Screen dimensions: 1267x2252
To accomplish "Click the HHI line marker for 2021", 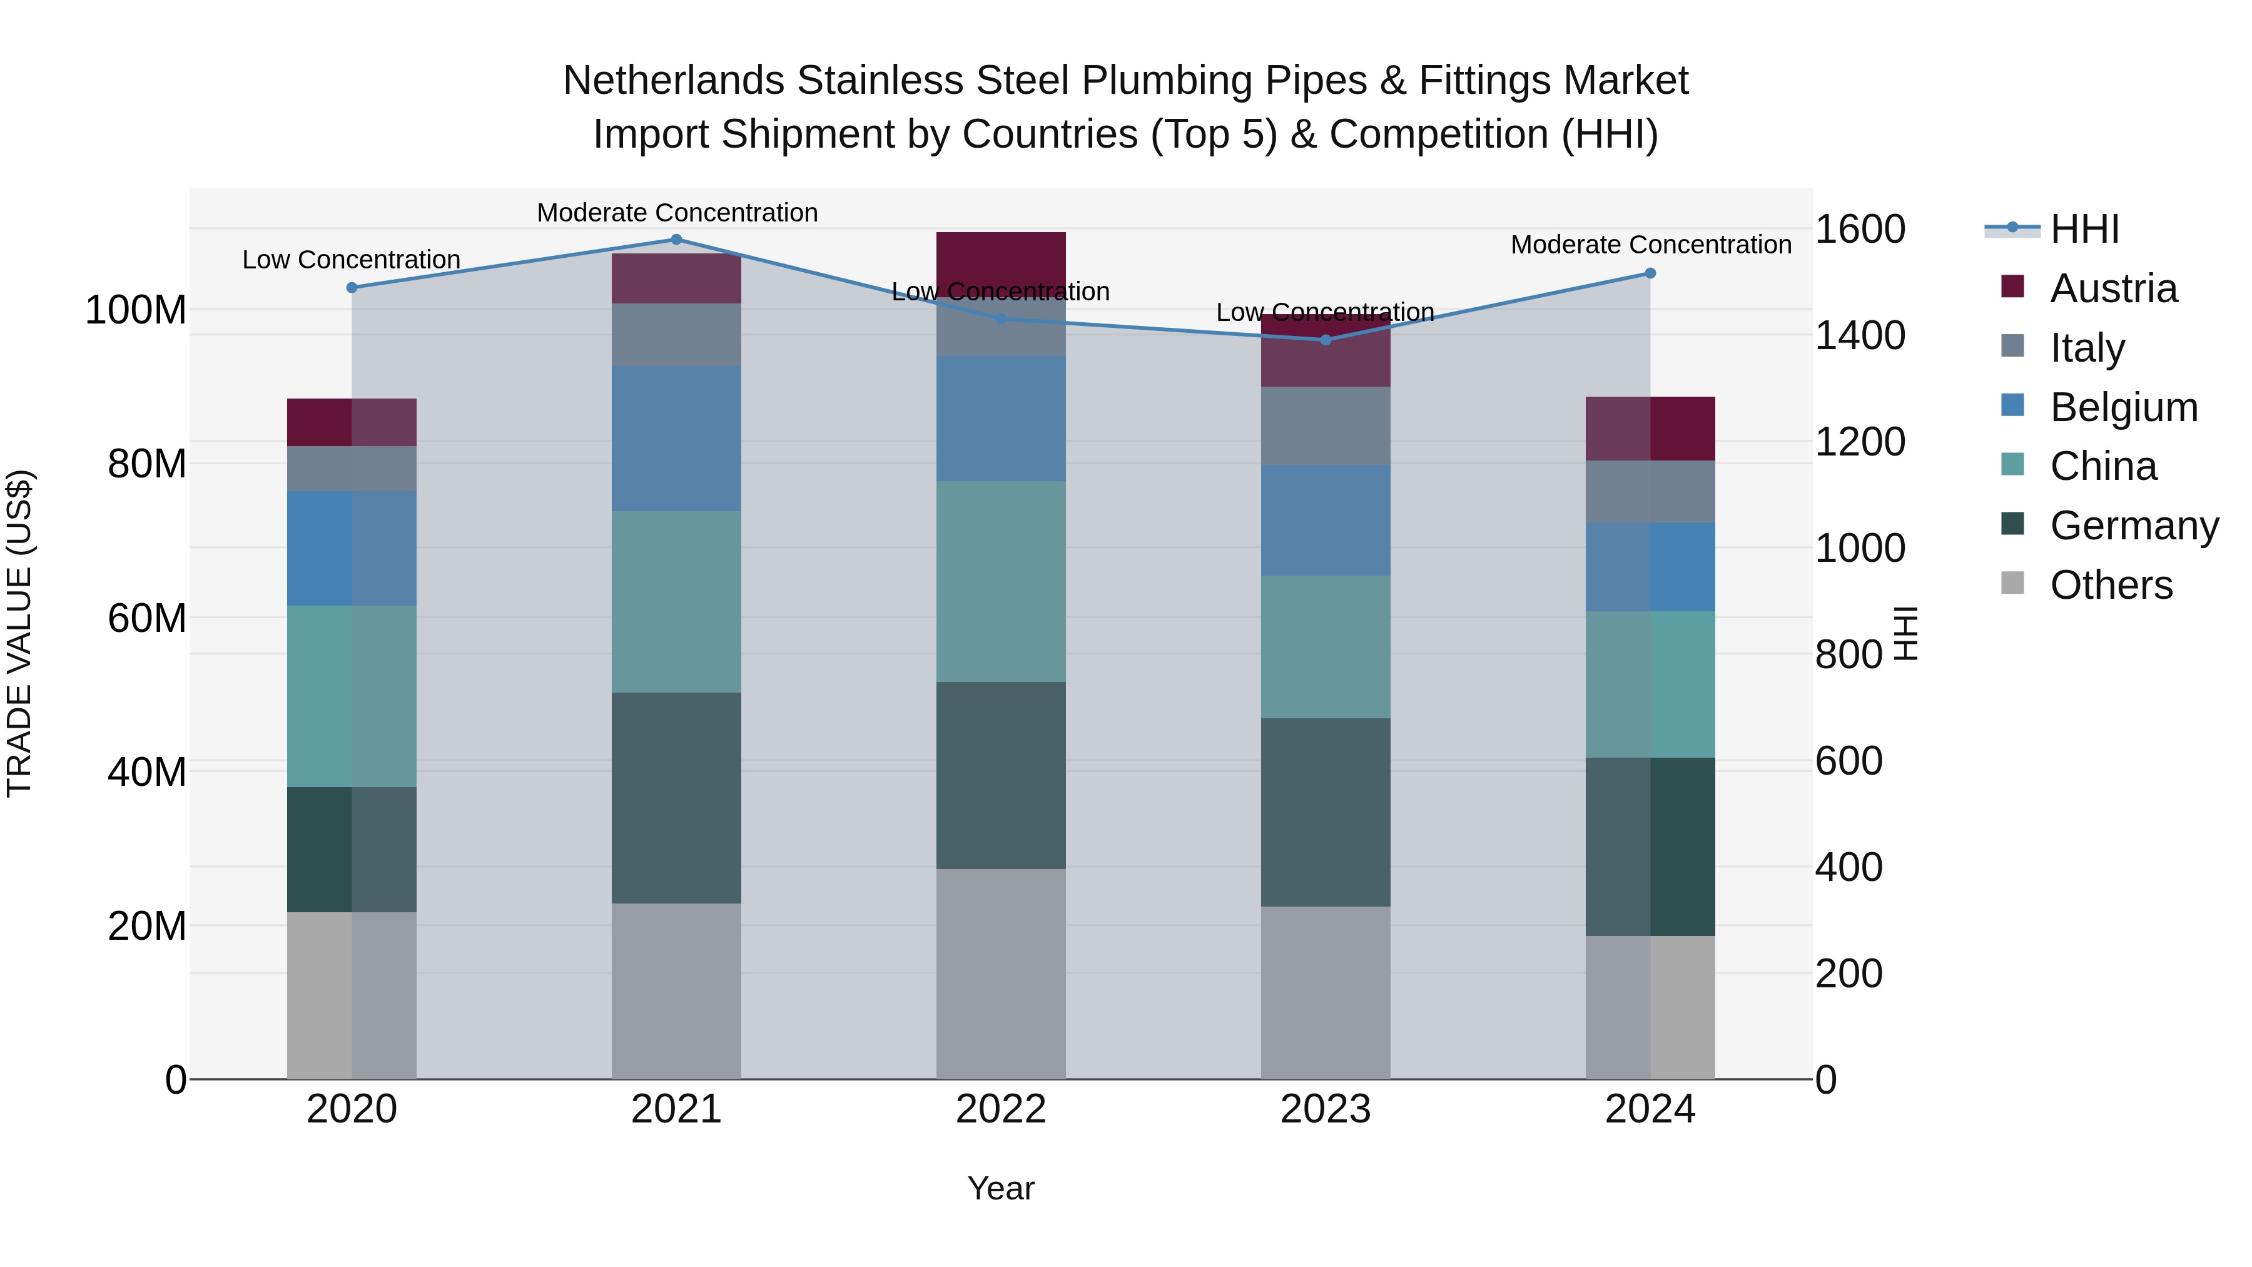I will tap(676, 240).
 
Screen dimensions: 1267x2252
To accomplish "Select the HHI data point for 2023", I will tap(1326, 340).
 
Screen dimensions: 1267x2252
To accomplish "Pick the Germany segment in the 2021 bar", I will tap(676, 798).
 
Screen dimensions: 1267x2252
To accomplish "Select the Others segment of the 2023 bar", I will tap(1326, 992).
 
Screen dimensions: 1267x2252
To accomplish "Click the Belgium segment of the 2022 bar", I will tap(1001, 418).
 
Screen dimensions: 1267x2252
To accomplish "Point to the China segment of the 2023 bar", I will tap(1326, 647).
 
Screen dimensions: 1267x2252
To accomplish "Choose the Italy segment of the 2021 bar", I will tap(676, 334).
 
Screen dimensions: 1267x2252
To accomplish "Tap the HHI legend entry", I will tap(2084, 229).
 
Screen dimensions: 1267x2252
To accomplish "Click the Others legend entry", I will tap(2111, 585).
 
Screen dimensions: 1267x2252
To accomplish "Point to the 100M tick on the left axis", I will tap(136, 310).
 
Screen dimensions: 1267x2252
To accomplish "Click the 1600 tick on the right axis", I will tap(1860, 229).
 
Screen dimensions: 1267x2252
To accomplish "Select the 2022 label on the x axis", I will tap(1001, 1109).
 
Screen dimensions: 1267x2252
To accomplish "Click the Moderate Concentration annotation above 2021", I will tap(677, 213).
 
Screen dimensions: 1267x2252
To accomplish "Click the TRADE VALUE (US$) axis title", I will tap(19, 633).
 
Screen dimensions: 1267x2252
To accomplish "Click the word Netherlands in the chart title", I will tap(673, 81).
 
